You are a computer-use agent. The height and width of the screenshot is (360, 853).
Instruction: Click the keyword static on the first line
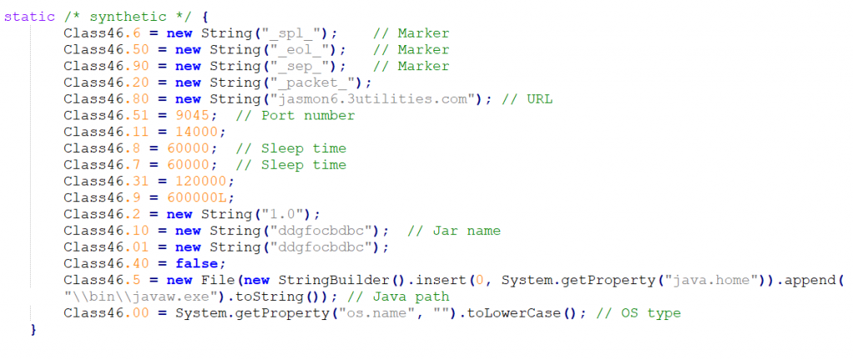(29, 17)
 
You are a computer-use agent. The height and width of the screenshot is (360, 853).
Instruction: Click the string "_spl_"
(293, 33)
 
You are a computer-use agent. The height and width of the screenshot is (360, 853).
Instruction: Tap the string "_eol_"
(302, 49)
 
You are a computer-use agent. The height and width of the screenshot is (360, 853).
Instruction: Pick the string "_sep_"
(302, 67)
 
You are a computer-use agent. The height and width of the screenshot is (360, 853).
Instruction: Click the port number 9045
(192, 116)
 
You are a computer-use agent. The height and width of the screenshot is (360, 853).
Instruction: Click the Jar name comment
(454, 231)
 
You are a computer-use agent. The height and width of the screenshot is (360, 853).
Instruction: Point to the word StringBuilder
(333, 280)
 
